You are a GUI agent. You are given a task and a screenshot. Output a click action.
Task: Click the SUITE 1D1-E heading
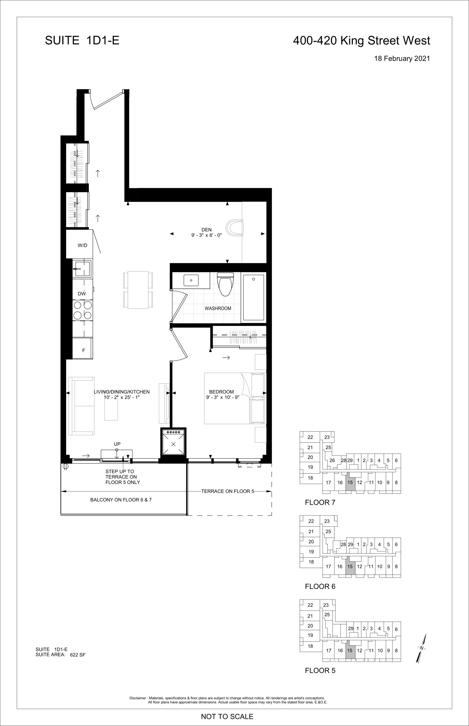pyautogui.click(x=82, y=41)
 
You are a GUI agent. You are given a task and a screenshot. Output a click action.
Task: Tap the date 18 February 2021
pyautogui.click(x=402, y=58)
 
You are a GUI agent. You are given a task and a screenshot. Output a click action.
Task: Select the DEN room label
pyautogui.click(x=206, y=230)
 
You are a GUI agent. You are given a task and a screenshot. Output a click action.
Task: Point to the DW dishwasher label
pyautogui.click(x=82, y=294)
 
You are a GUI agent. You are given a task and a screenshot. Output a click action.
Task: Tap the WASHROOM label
pyautogui.click(x=218, y=308)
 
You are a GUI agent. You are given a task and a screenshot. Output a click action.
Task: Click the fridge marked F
pyautogui.click(x=82, y=348)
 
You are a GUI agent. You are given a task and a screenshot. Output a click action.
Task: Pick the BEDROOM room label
pyautogui.click(x=221, y=392)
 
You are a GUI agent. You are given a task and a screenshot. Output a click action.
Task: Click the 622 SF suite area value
pyautogui.click(x=78, y=655)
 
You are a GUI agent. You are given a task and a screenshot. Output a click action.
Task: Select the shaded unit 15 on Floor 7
pyautogui.click(x=350, y=482)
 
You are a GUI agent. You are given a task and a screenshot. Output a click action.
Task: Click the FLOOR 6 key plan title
pyautogui.click(x=320, y=586)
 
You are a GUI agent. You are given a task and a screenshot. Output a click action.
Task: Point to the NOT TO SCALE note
pyautogui.click(x=227, y=716)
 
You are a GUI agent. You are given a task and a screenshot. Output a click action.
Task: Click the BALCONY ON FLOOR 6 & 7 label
pyautogui.click(x=121, y=500)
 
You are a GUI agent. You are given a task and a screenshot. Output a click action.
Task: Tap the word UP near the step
pyautogui.click(x=117, y=444)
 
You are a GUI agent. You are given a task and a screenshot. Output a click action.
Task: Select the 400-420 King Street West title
pyautogui.click(x=361, y=41)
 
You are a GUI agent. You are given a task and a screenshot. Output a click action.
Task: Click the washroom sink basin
pyautogui.click(x=191, y=280)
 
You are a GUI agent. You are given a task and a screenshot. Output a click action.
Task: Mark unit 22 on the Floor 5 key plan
pyautogui.click(x=310, y=605)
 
